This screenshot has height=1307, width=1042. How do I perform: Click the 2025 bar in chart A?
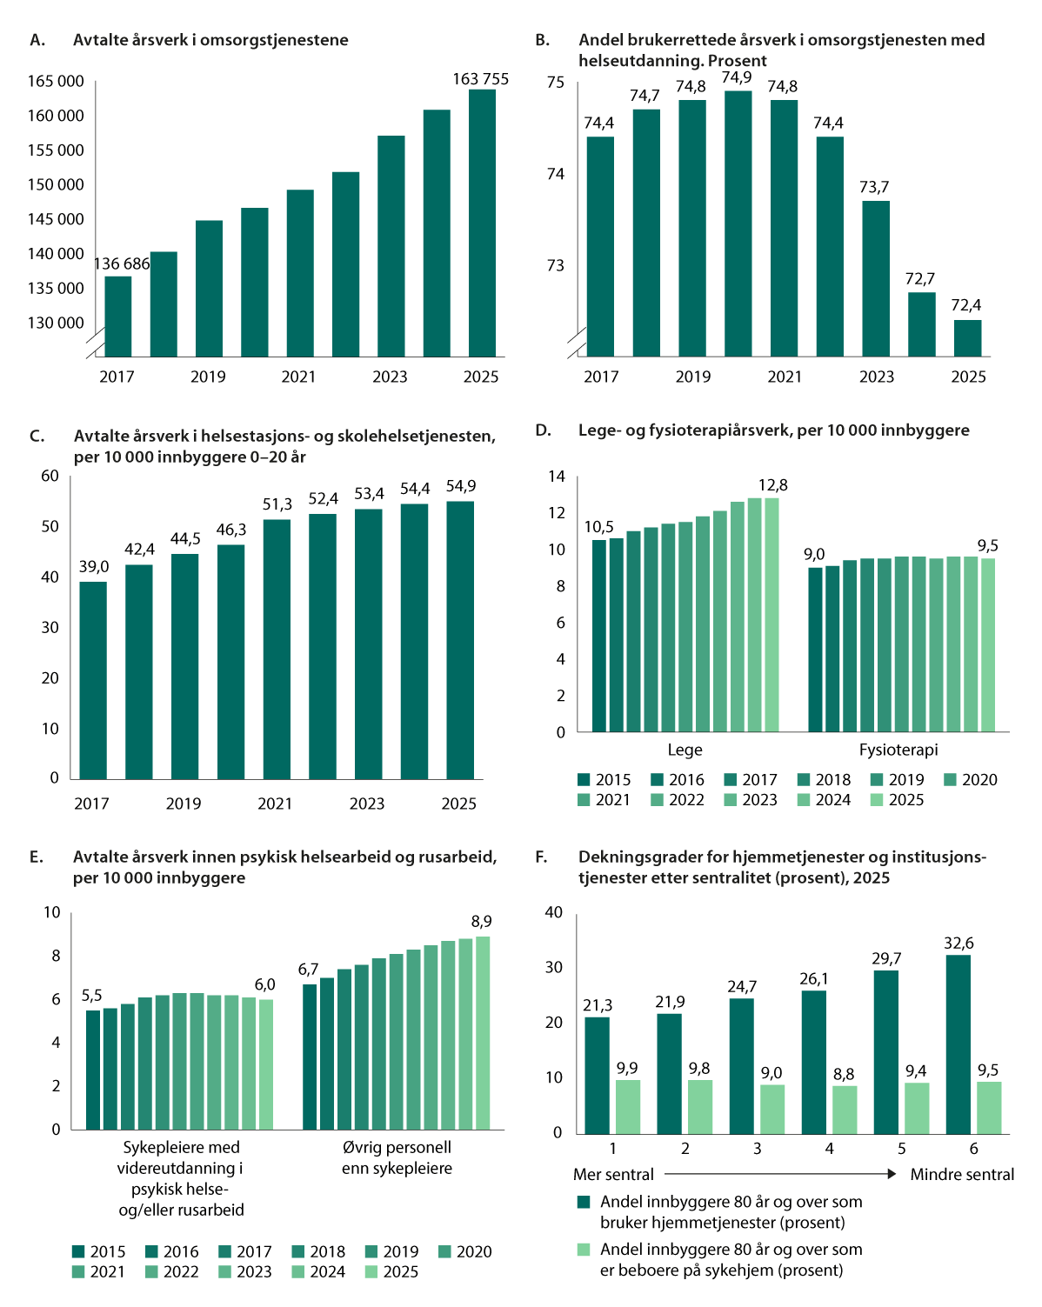[482, 223]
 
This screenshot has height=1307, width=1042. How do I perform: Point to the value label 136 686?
[122, 263]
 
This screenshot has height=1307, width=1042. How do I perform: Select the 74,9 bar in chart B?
[738, 223]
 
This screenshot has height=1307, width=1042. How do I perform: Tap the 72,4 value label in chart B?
[966, 305]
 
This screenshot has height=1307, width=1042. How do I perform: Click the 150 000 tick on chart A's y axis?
[56, 184]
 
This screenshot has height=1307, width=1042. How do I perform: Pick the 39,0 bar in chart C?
[93, 680]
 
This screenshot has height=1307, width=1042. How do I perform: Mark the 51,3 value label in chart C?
[277, 504]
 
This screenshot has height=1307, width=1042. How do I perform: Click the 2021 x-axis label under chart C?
[275, 804]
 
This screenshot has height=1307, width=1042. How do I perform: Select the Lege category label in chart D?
[685, 750]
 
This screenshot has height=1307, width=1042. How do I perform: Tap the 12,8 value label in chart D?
[773, 484]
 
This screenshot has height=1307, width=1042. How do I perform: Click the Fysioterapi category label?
[898, 750]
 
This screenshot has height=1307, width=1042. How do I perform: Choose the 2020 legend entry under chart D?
[971, 780]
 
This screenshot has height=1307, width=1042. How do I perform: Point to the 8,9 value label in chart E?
[481, 922]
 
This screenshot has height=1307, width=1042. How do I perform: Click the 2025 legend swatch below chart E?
[371, 1271]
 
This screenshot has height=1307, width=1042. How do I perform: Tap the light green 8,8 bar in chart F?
[845, 1109]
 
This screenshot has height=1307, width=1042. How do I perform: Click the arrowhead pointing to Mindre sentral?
[892, 1174]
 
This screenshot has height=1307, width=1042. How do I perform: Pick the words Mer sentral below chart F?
[614, 1175]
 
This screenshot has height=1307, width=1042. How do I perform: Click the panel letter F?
[541, 857]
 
